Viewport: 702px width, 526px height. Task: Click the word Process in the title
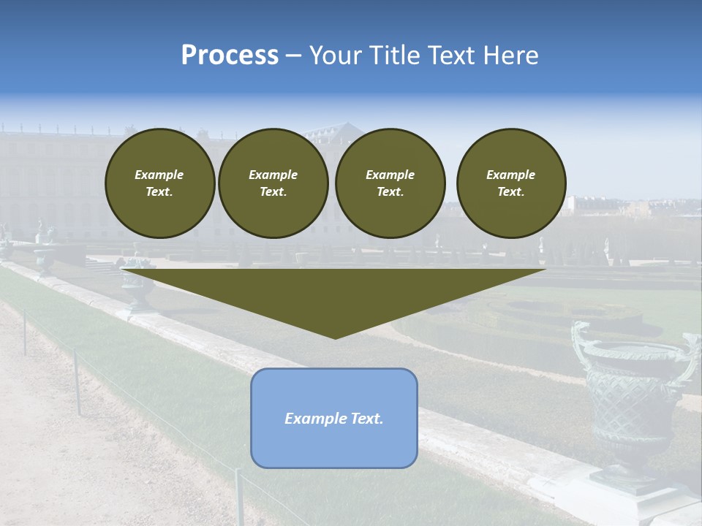click(x=230, y=56)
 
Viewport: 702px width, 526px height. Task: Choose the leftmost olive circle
click(x=159, y=183)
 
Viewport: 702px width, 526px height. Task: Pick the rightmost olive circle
click(x=510, y=183)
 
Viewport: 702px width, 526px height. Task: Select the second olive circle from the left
click(x=273, y=183)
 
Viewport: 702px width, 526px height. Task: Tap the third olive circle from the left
click(x=390, y=183)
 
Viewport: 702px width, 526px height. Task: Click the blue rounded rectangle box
click(x=334, y=418)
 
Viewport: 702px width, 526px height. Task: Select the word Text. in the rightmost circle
click(x=510, y=192)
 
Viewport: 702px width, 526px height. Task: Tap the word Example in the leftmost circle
click(x=159, y=175)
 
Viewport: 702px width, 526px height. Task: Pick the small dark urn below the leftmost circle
click(x=137, y=289)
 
